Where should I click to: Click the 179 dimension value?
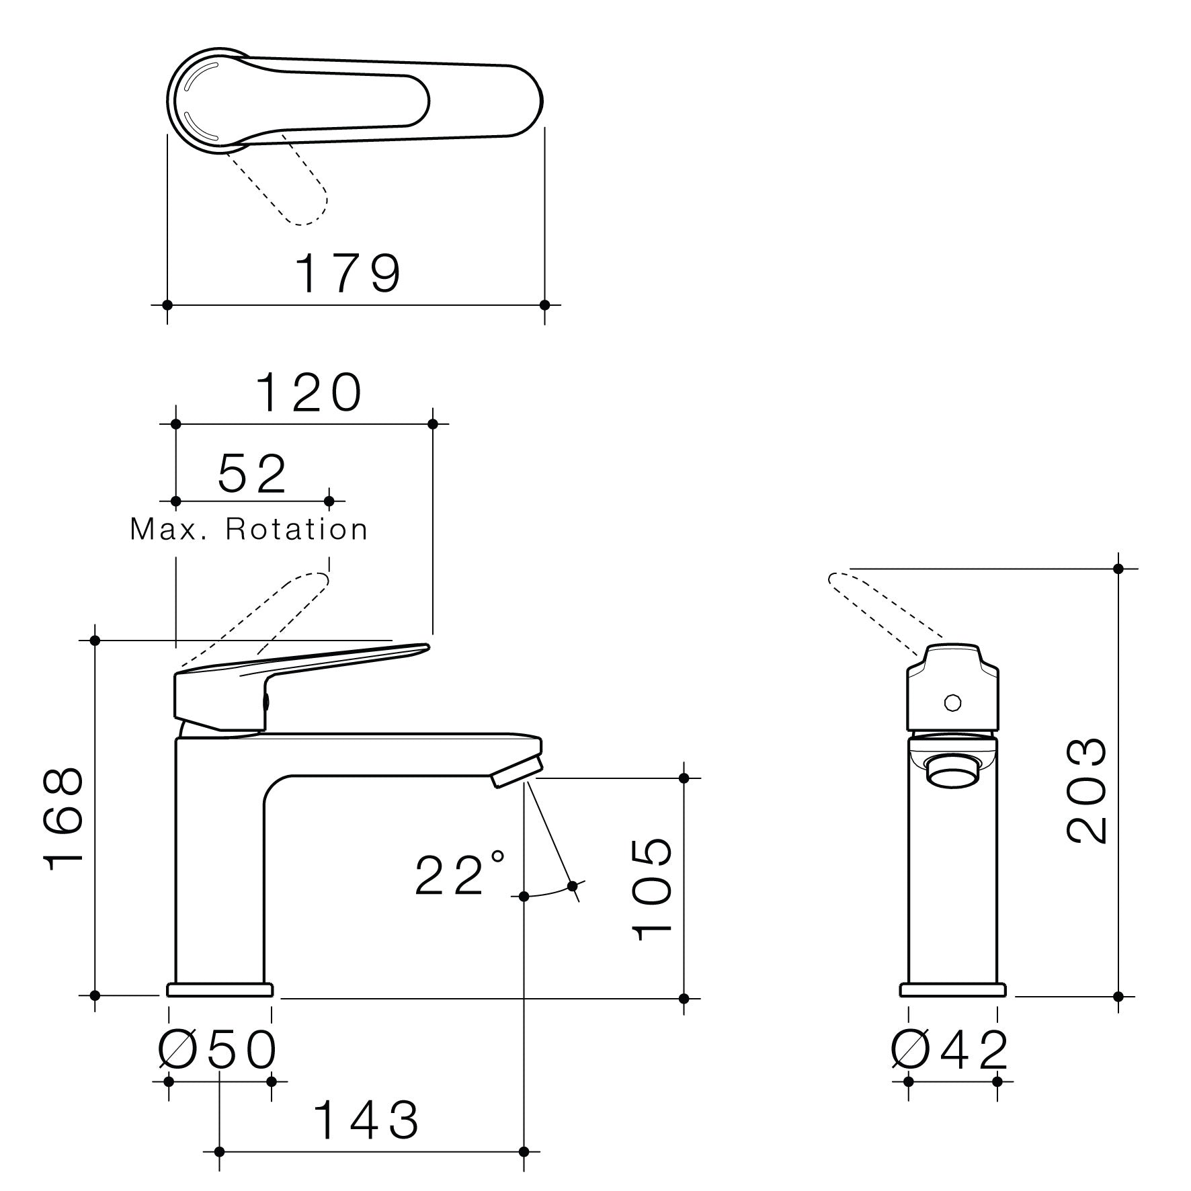click(x=348, y=274)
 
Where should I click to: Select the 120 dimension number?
click(x=309, y=393)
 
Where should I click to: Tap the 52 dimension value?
click(x=252, y=474)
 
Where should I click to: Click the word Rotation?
click(x=296, y=530)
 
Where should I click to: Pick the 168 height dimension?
click(x=64, y=820)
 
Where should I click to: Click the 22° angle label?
click(x=458, y=874)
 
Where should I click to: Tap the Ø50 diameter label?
click(x=216, y=1050)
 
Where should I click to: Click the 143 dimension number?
click(x=367, y=1120)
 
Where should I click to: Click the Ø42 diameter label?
click(x=949, y=1050)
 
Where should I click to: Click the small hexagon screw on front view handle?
click(x=952, y=703)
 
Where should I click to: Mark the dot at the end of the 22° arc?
click(x=573, y=886)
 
